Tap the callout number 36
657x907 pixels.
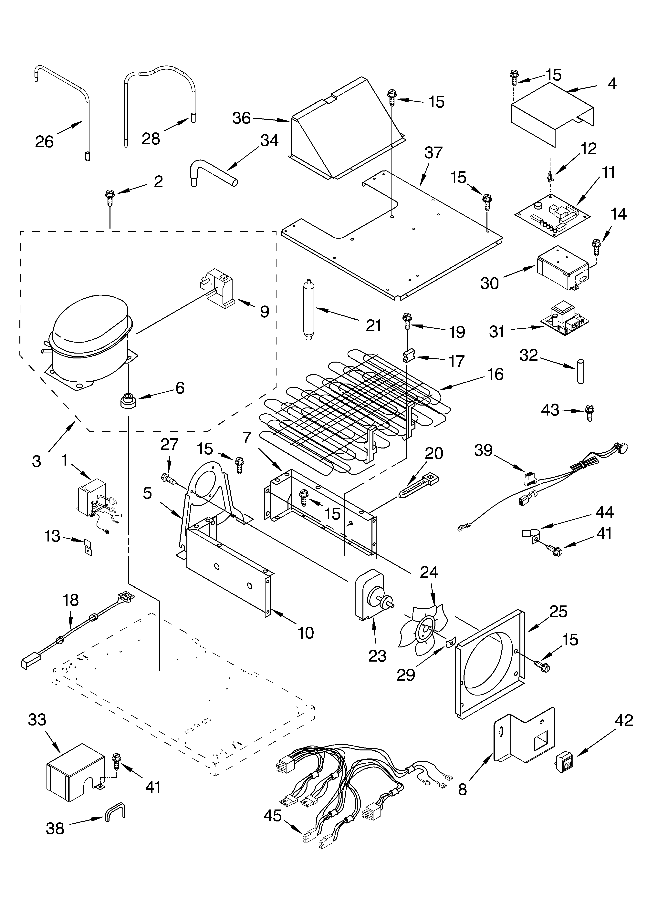point(242,118)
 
